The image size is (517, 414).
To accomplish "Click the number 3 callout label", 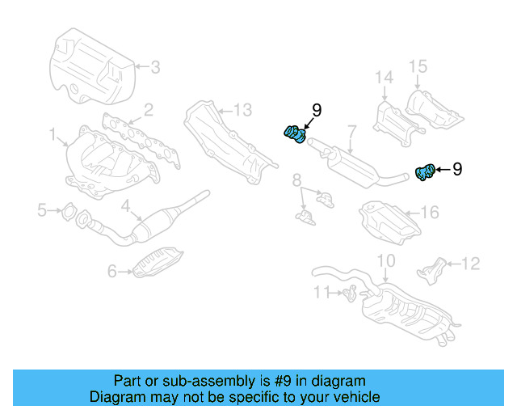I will (156, 67).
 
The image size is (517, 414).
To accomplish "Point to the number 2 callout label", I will (148, 109).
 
